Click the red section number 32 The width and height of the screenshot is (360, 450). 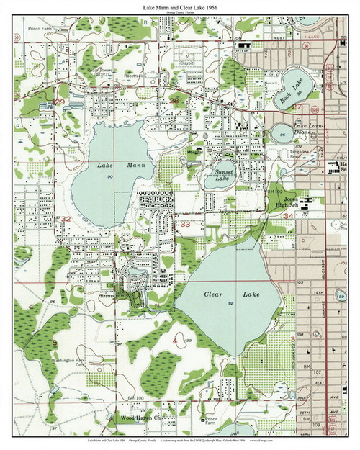(66, 217)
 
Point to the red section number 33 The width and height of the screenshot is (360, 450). (185, 224)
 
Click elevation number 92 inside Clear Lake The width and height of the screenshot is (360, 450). (230, 305)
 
